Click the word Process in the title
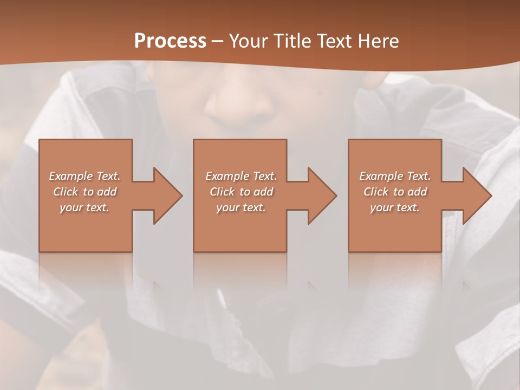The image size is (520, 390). coord(170,41)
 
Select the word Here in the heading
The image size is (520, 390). coord(379,41)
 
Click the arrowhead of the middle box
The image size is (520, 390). coord(321,196)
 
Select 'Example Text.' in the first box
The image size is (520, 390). coord(84,176)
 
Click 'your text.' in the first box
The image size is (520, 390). coord(84,207)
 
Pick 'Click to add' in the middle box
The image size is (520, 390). coord(241,192)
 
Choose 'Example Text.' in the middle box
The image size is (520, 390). coord(241,176)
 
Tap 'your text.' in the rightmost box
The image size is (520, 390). coord(395,207)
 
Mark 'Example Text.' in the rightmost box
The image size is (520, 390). coord(395,176)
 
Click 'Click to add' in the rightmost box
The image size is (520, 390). coord(395,192)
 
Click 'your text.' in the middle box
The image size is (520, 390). coord(241,207)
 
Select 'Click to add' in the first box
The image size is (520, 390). coord(84,192)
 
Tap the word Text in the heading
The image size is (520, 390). coord(336,41)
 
